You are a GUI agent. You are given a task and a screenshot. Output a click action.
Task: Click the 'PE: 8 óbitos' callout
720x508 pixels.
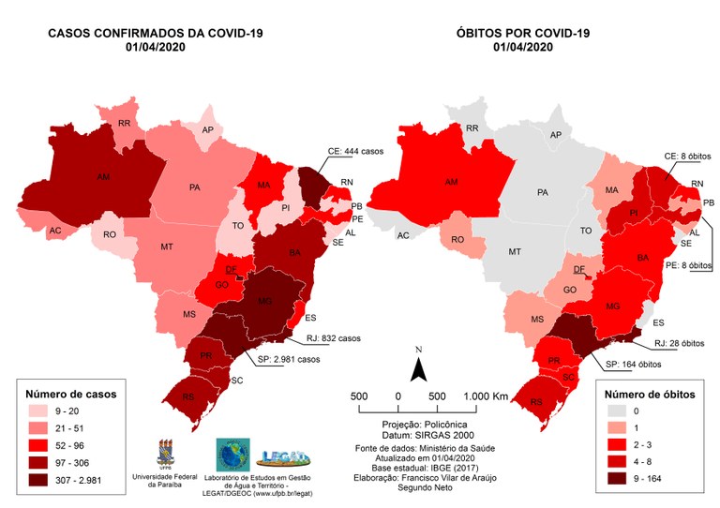(682, 266)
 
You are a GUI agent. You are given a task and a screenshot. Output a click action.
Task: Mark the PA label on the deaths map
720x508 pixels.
(543, 191)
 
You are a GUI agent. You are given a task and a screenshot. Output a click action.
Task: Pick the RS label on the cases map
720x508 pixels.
(188, 397)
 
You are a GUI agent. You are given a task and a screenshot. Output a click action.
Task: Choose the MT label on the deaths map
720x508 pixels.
(514, 252)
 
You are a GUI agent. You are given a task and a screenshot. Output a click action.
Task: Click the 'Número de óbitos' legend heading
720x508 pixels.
(650, 394)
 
